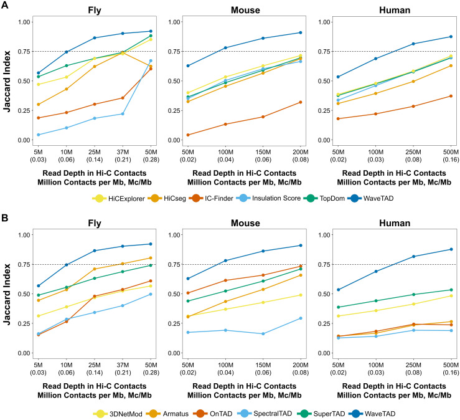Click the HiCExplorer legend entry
[118, 199]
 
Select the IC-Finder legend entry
[211, 199]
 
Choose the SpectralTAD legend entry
[265, 414]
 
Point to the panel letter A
[5, 5]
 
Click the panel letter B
[5, 218]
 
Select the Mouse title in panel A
[245, 10]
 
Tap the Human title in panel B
[394, 223]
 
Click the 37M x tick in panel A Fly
[123, 156]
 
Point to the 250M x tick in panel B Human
[413, 369]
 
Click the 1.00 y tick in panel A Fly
[24, 22]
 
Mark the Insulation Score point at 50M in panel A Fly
[151, 61]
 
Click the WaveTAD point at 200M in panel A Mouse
[301, 32]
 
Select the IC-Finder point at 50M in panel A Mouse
[188, 135]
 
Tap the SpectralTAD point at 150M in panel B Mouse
[263, 333]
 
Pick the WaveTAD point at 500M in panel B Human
[451, 249]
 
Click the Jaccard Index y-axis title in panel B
[7, 294]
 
